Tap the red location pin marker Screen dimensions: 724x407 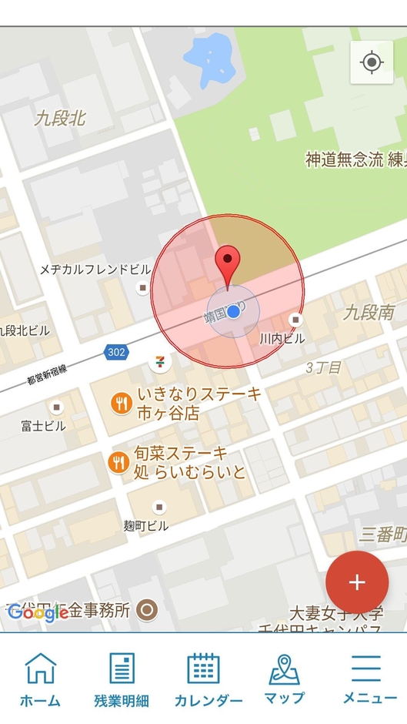tap(227, 264)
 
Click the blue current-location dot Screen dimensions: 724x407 tap(235, 312)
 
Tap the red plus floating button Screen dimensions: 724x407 tap(357, 582)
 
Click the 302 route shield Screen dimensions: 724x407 tap(115, 352)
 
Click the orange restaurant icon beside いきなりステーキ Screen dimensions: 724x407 tap(121, 403)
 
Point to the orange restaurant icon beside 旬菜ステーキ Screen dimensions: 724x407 tap(118, 462)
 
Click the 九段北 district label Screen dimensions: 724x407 tap(60, 119)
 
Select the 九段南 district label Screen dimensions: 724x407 tap(369, 312)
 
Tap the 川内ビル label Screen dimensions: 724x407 tap(282, 338)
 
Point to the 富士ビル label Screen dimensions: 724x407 tap(44, 426)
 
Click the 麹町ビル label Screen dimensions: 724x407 tap(145, 525)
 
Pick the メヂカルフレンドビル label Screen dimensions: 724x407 tap(95, 270)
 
